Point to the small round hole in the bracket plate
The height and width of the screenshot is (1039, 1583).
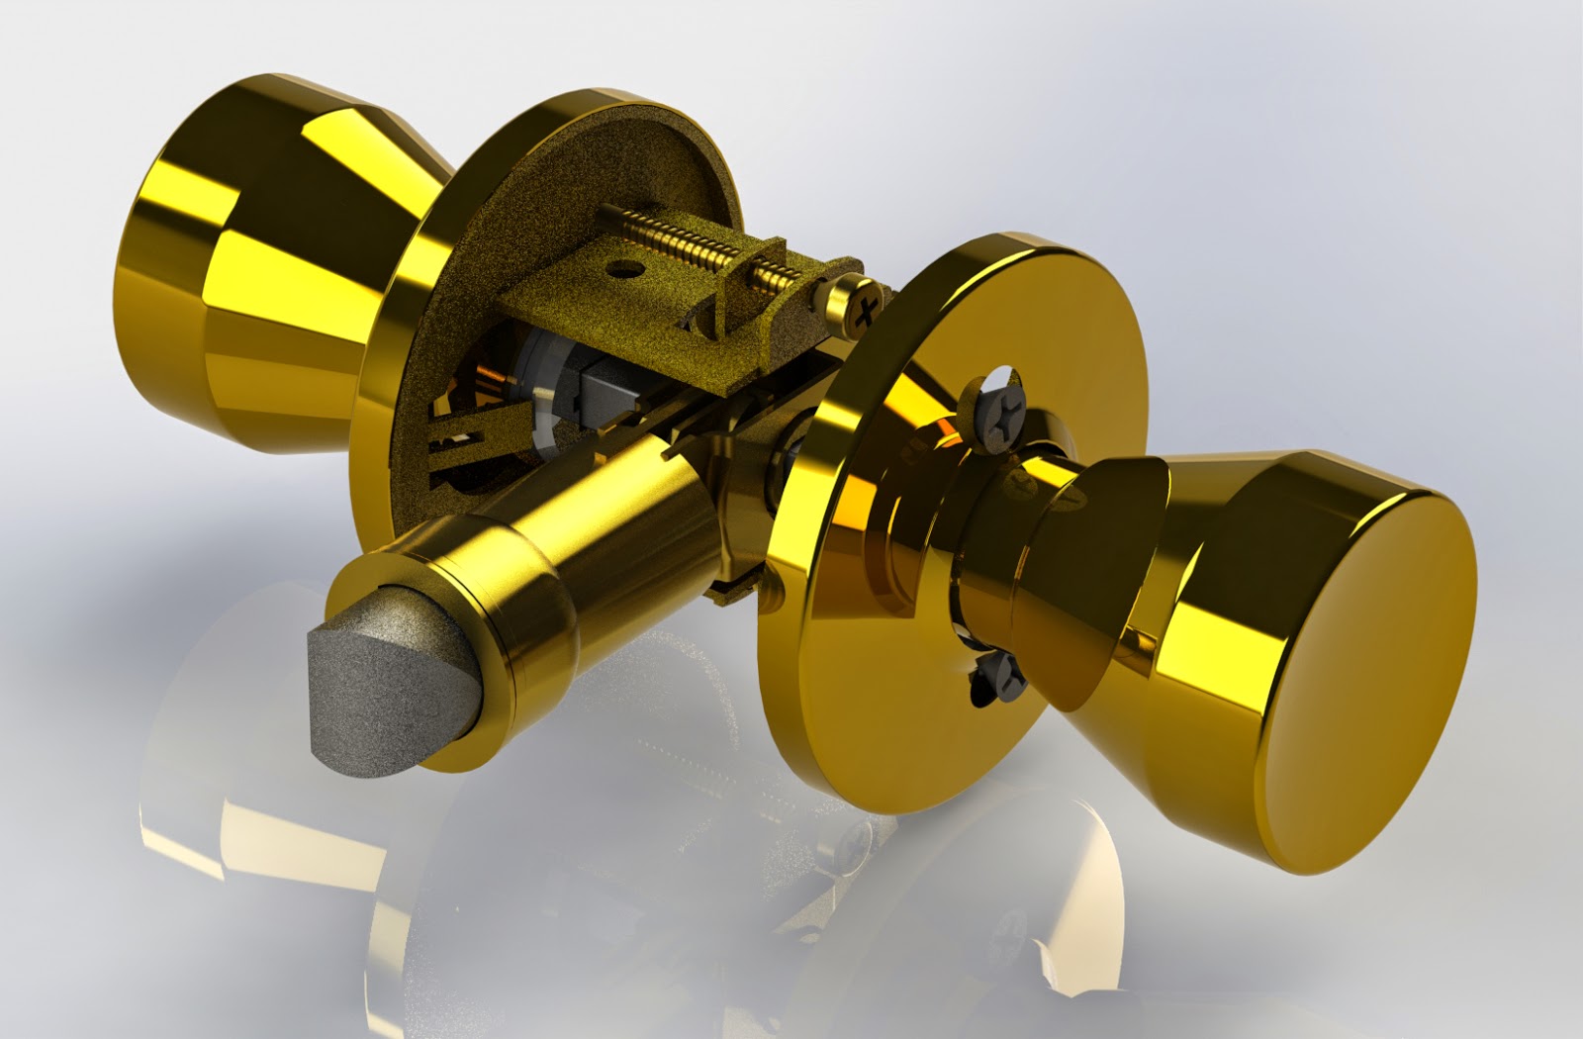click(x=622, y=267)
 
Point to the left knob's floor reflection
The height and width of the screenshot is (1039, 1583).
click(x=257, y=792)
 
